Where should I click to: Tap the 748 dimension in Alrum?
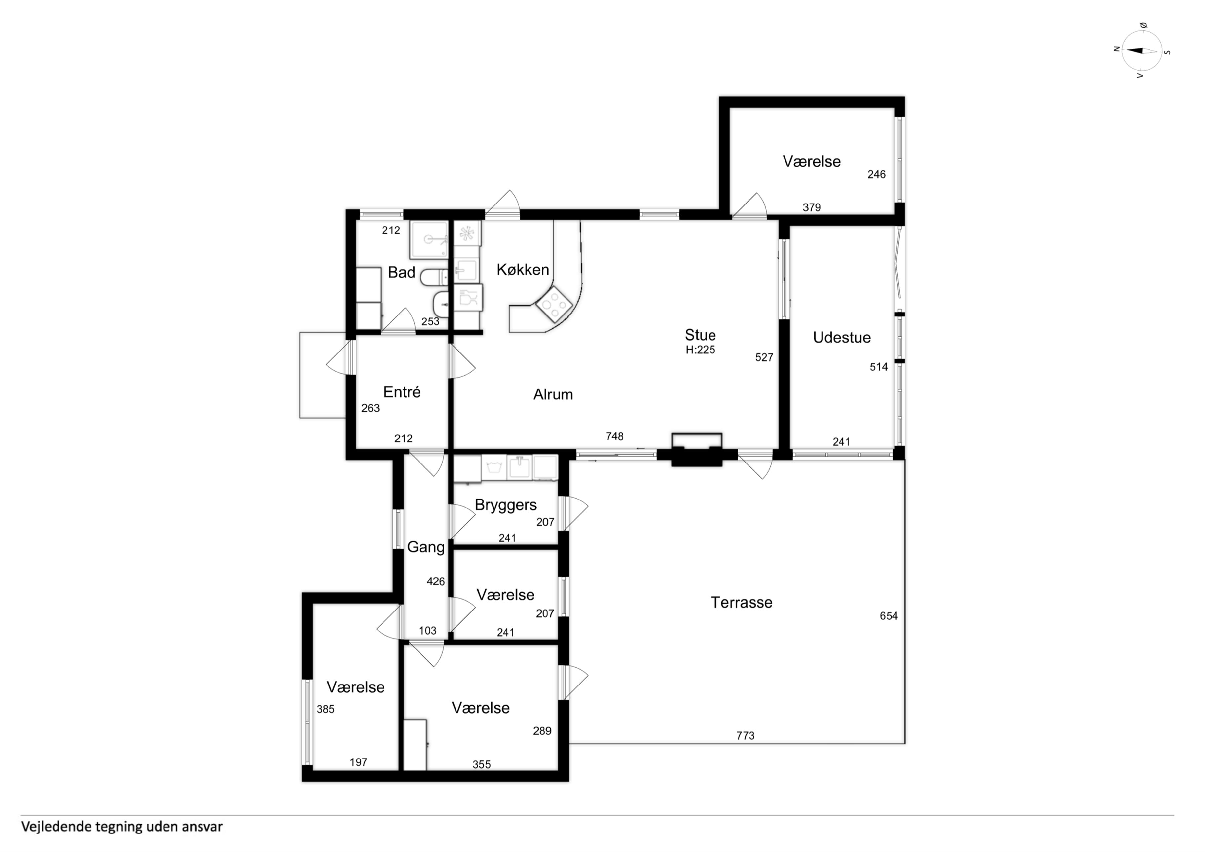point(615,436)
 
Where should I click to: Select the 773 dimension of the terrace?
point(745,736)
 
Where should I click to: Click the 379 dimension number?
point(811,207)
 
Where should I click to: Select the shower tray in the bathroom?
point(429,240)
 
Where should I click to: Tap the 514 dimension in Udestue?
point(879,367)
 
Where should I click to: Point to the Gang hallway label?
point(426,547)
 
